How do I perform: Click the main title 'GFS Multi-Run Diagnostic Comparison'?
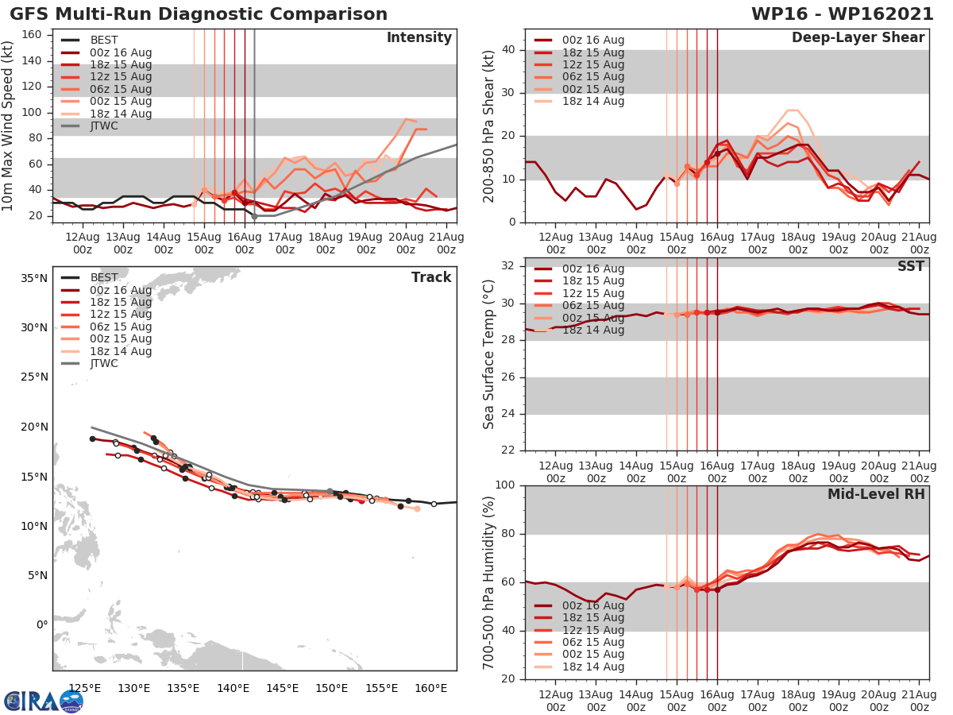coord(199,14)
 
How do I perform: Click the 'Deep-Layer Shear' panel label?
coord(858,38)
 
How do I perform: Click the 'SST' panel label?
coord(911,266)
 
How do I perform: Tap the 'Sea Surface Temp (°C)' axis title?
coord(490,354)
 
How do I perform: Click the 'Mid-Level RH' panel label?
coord(876,494)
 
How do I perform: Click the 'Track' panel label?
coord(431,277)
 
